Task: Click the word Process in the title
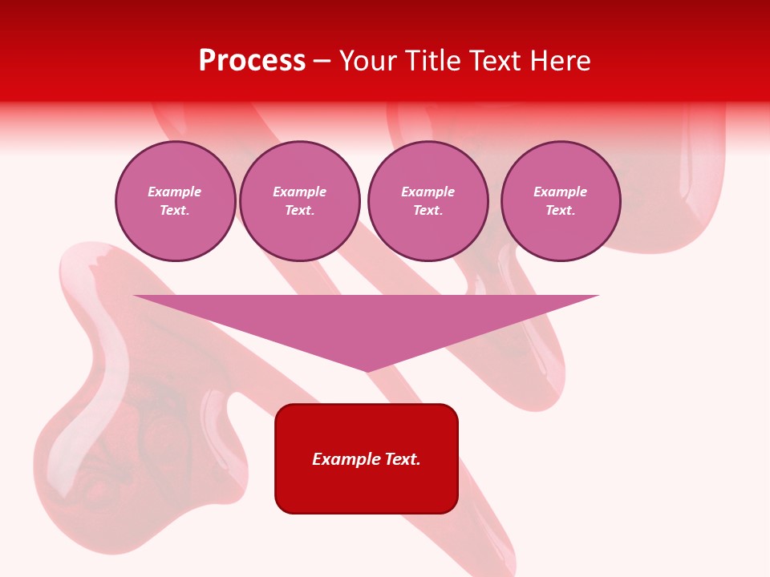[252, 61]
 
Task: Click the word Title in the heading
[432, 61]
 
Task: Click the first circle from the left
[176, 201]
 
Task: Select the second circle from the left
[300, 201]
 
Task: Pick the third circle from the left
[428, 201]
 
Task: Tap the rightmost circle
[561, 201]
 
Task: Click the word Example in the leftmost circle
[175, 192]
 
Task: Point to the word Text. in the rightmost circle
[561, 211]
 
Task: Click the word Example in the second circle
[300, 192]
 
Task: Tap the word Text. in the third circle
[428, 211]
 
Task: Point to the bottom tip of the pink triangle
[367, 369]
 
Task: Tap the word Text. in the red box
[402, 459]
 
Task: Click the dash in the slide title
[322, 61]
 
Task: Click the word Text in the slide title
[496, 61]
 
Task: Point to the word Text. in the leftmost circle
[175, 211]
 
